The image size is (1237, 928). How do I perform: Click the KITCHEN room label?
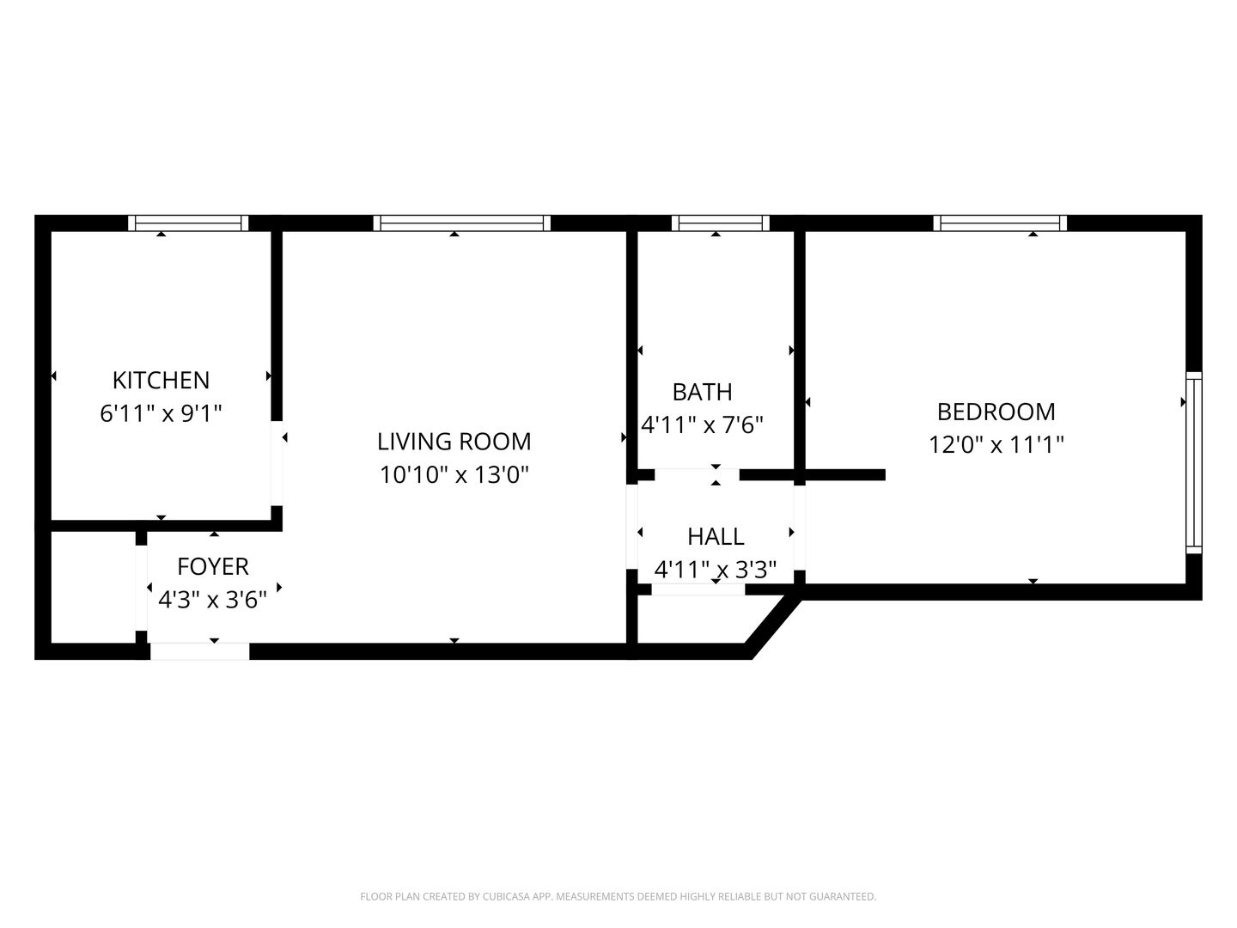pos(161,381)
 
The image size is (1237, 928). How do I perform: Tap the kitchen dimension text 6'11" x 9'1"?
pos(161,413)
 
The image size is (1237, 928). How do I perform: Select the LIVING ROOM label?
pos(454,441)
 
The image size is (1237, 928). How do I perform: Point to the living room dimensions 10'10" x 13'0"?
pos(454,474)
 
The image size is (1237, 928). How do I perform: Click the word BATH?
pos(702,392)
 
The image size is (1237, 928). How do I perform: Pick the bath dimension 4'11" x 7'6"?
pos(702,424)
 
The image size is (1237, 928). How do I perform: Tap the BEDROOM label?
pos(996,412)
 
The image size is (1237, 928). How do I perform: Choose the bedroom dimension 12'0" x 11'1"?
pos(996,444)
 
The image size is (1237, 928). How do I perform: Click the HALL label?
pos(716,536)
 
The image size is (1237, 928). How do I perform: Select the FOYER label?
pos(213,566)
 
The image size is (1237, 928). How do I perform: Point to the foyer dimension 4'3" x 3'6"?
pos(212,600)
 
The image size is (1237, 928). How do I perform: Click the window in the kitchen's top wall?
pos(188,223)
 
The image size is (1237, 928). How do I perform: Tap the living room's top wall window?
pos(461,223)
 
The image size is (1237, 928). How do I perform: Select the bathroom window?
pos(720,223)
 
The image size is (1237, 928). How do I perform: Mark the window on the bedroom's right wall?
pos(1193,462)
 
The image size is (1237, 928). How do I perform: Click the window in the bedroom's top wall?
pos(1000,223)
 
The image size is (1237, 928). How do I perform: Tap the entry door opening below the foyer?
pos(199,651)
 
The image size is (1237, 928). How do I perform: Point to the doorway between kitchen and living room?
pos(277,463)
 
